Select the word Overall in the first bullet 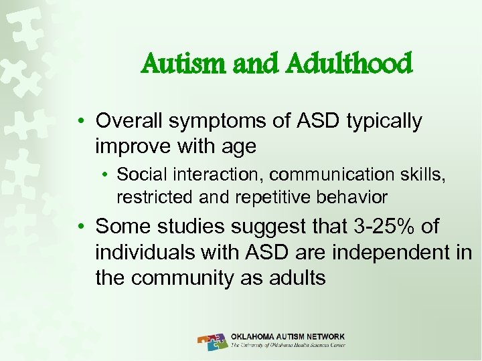click(131, 121)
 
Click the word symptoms click(217, 121)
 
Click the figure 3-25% click(380, 227)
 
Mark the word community click(181, 277)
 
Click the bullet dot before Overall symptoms click(80, 122)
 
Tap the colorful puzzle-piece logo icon click(212, 340)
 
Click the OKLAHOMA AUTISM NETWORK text click(288, 336)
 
